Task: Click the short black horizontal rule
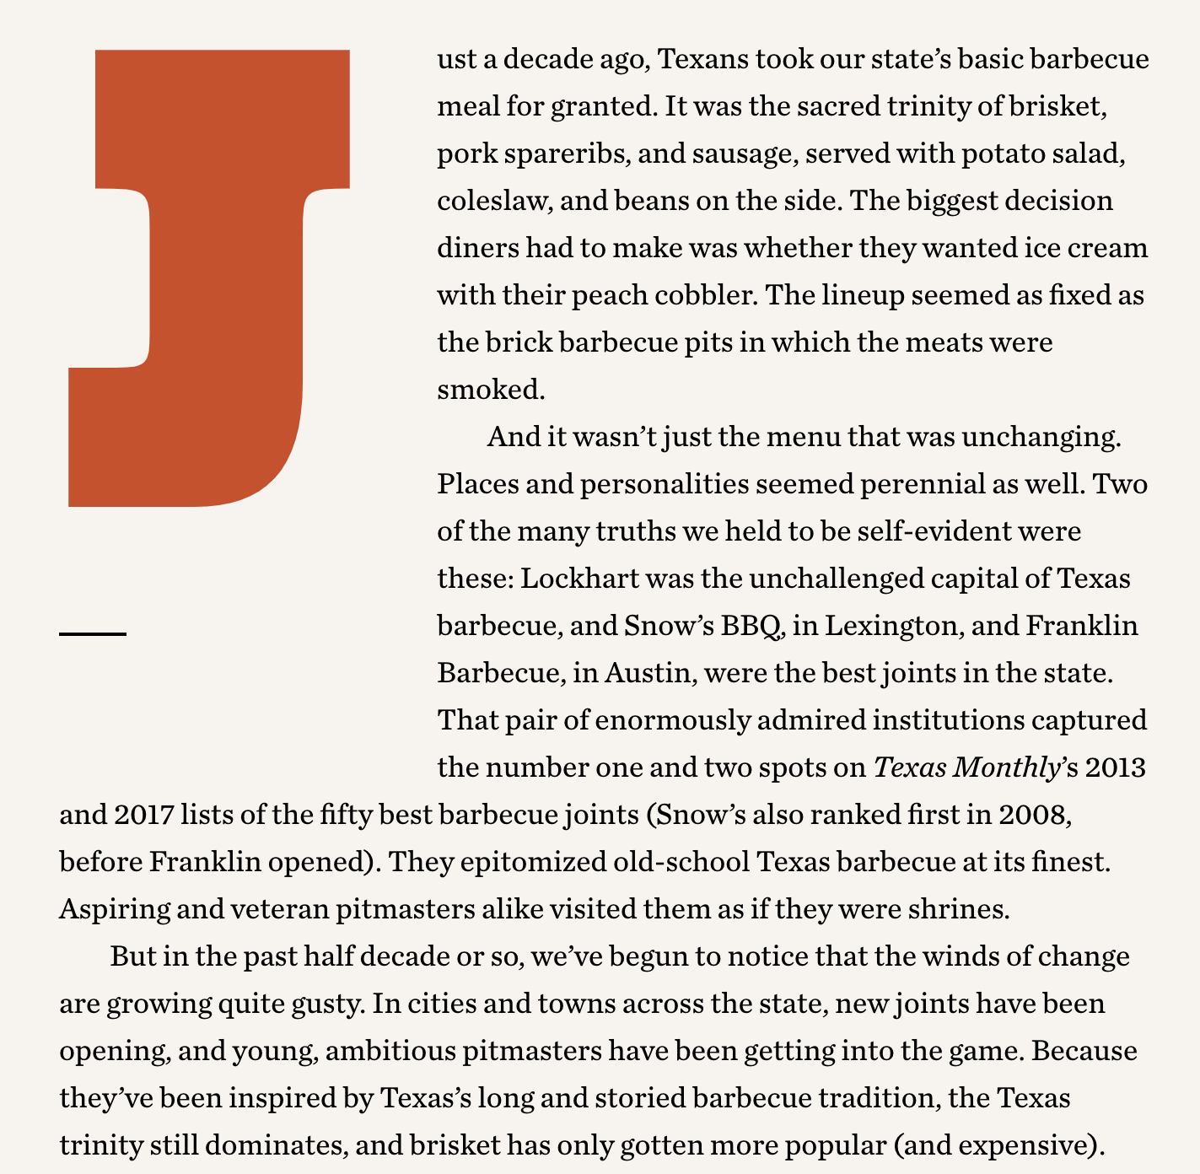93,633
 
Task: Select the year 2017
142,816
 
